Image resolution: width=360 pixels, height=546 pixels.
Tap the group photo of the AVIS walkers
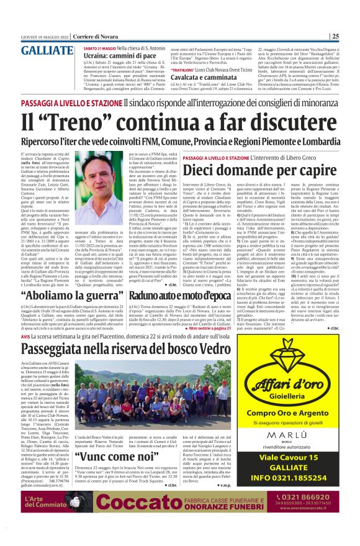112,398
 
